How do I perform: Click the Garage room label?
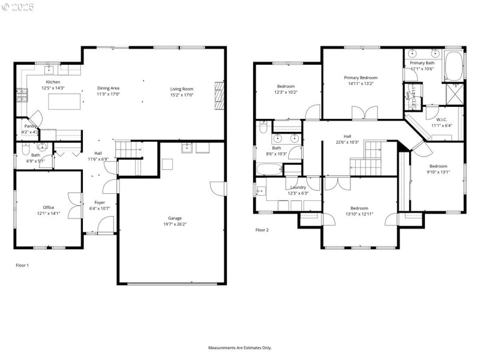(175, 218)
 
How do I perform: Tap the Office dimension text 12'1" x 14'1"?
(48, 213)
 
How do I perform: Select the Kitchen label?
(53, 82)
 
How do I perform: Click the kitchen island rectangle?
(64, 102)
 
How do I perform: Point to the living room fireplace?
(219, 95)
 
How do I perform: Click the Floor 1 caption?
(22, 265)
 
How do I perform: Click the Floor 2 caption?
(262, 230)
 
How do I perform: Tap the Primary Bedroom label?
(361, 78)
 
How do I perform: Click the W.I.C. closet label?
(442, 119)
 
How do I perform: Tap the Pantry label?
(31, 126)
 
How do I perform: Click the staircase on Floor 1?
(130, 149)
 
